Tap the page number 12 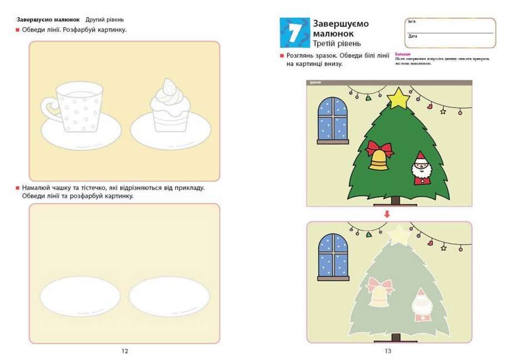[124, 351]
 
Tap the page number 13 [388, 351]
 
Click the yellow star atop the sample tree [397, 98]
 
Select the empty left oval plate [79, 295]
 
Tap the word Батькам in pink [402, 54]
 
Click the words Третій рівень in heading [337, 43]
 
